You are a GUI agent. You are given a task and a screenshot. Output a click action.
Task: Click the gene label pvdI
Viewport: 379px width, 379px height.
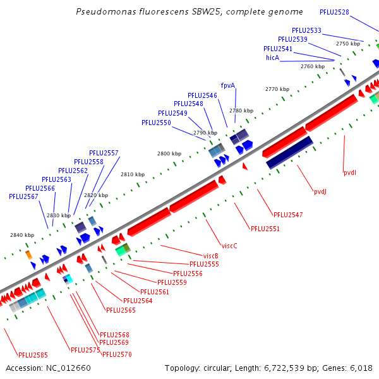click(350, 172)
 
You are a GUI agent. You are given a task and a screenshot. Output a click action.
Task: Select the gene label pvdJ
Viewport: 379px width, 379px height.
click(320, 192)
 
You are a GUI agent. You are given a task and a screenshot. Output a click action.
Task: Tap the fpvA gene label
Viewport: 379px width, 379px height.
click(227, 85)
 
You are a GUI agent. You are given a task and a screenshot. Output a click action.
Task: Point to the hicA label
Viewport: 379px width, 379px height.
click(272, 57)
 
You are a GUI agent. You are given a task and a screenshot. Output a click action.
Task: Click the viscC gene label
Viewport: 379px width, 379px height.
click(229, 246)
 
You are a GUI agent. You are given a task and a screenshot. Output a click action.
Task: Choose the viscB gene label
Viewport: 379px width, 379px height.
click(211, 256)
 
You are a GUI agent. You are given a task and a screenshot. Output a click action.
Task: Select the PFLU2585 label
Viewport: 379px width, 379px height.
click(33, 355)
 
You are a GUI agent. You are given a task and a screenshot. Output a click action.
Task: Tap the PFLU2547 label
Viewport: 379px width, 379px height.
click(288, 215)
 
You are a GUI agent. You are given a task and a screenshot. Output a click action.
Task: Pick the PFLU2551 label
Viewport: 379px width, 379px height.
click(265, 229)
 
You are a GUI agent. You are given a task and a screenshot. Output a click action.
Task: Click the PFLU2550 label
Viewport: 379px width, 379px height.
click(156, 123)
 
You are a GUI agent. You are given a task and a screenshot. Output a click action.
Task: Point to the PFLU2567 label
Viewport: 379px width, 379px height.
click(23, 196)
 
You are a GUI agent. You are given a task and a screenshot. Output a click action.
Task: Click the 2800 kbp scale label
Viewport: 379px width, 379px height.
click(169, 153)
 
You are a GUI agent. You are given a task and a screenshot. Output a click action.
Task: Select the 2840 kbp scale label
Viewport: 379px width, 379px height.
click(21, 235)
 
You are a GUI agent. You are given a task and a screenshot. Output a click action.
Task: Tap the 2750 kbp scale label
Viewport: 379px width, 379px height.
click(347, 44)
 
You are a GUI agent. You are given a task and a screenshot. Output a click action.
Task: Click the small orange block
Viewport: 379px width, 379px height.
click(28, 255)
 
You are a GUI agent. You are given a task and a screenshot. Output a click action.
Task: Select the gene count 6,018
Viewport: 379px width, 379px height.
click(360, 368)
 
